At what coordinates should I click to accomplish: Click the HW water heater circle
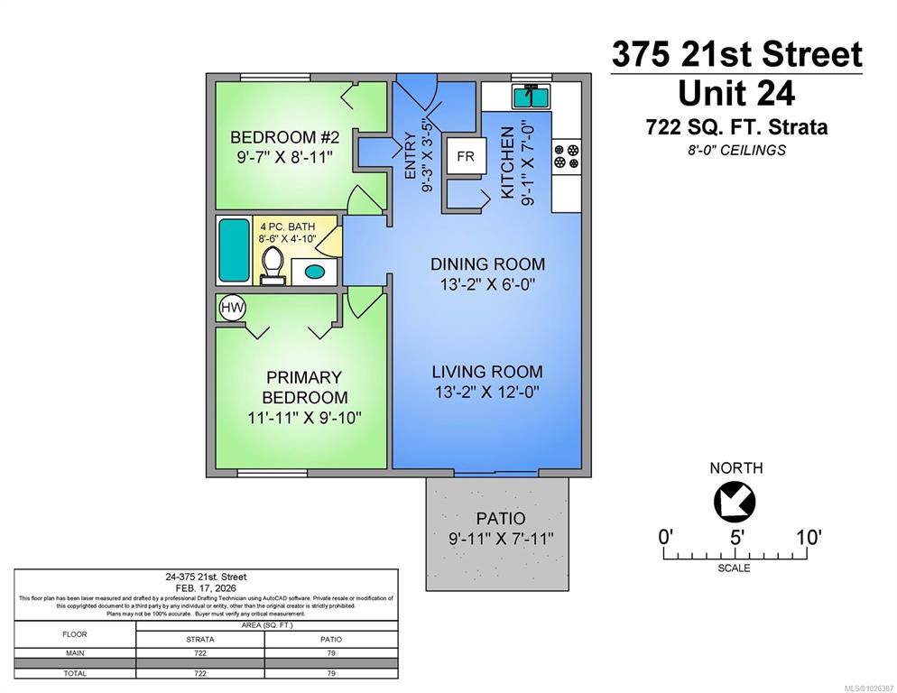[x=232, y=309]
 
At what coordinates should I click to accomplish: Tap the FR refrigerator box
[x=466, y=156]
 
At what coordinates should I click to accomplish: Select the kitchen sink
[x=531, y=96]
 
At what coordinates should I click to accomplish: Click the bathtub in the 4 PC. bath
[x=235, y=250]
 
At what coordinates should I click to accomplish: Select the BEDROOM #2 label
[x=284, y=137]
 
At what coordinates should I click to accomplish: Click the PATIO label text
[x=500, y=519]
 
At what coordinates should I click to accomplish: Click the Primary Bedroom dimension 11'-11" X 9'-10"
[x=304, y=418]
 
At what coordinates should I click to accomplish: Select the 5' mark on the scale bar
[x=736, y=537]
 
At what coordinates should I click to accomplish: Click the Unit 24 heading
[x=735, y=92]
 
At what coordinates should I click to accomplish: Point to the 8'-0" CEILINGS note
[x=735, y=150]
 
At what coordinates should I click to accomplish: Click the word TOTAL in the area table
[x=75, y=673]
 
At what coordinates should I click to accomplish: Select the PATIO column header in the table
[x=330, y=639]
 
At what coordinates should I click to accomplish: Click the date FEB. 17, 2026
[x=207, y=587]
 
